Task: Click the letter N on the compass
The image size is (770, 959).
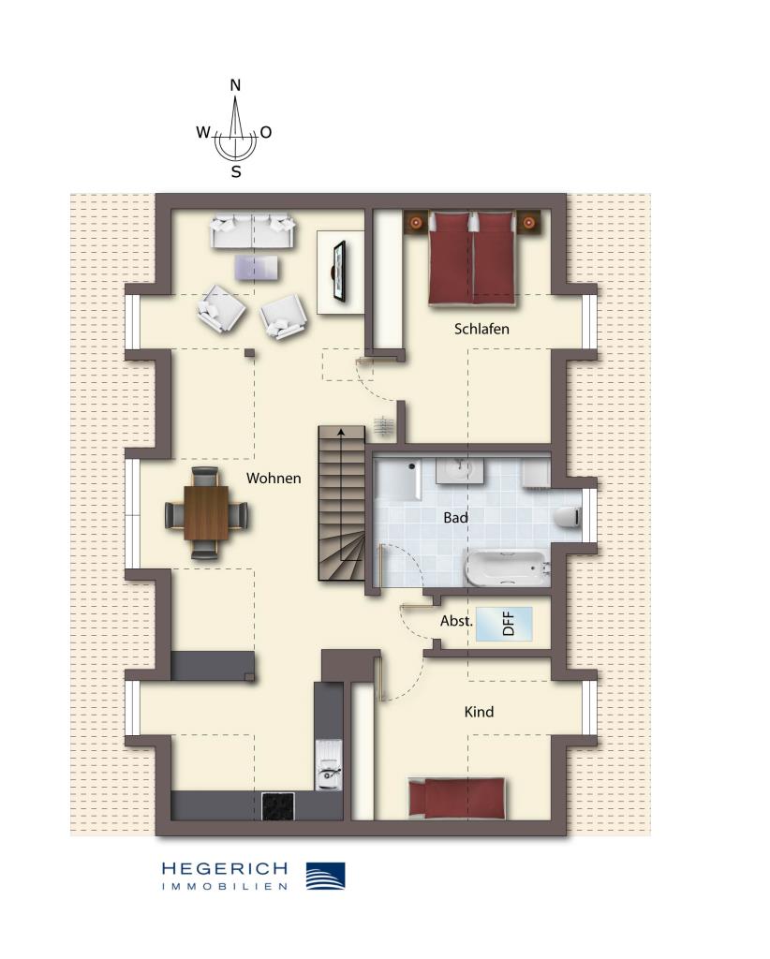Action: (x=235, y=85)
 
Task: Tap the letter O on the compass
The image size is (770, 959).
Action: (x=266, y=133)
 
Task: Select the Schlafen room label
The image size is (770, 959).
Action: (x=481, y=329)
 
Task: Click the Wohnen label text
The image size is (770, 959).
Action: (x=274, y=479)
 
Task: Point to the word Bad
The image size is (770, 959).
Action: (x=456, y=517)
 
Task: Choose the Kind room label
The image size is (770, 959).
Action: (x=479, y=712)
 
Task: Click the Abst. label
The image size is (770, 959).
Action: (x=456, y=621)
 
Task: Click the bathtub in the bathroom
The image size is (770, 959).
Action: (x=506, y=568)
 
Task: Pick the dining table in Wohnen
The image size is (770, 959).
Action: (x=206, y=513)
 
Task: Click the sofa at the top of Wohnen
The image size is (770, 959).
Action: (x=253, y=231)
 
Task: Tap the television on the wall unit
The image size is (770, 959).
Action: (x=339, y=272)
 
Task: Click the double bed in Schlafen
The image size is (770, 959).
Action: (x=473, y=258)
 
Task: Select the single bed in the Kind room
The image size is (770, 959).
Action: (x=457, y=798)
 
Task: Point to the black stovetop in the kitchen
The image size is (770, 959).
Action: (x=277, y=805)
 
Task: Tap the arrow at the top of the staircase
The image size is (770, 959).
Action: (x=340, y=433)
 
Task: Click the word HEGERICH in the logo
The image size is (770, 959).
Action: (x=225, y=869)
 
